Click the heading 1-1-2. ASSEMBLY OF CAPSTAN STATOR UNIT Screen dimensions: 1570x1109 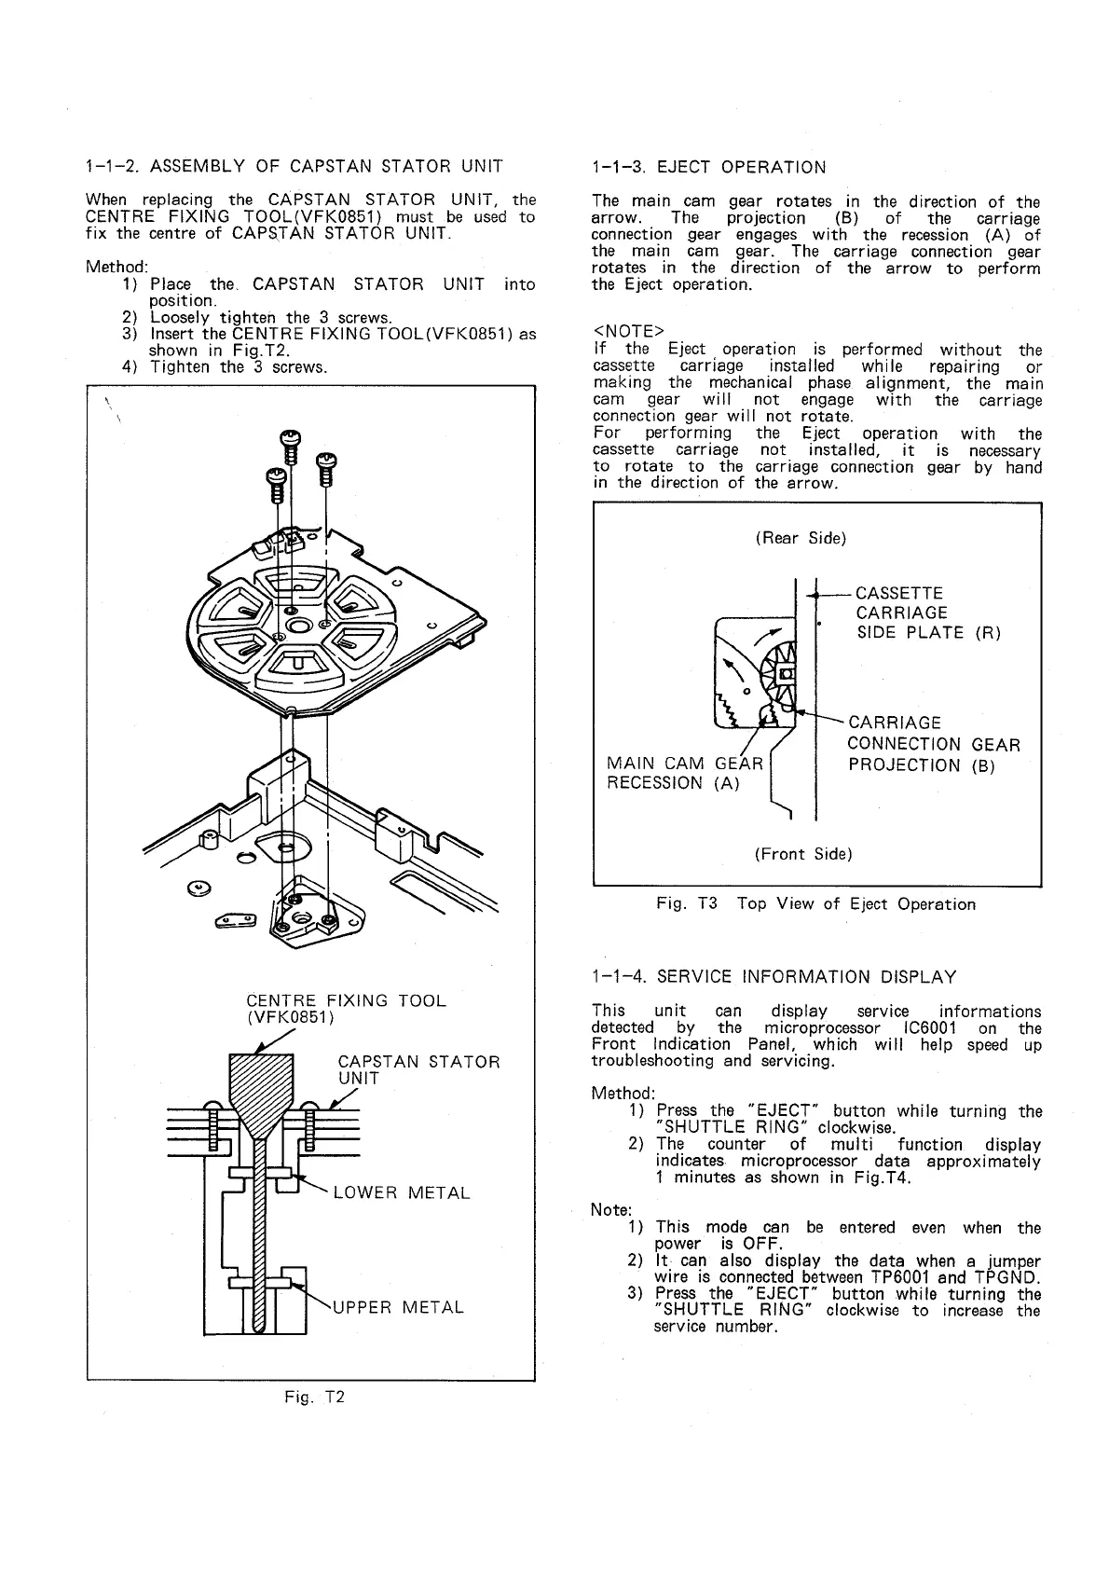[294, 168]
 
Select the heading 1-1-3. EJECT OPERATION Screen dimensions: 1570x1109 [709, 168]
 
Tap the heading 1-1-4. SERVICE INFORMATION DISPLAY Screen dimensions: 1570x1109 [774, 977]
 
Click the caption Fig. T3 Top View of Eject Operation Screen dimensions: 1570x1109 [815, 904]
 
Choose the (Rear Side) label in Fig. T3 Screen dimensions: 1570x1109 [801, 538]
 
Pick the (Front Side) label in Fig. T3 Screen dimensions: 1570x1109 [803, 853]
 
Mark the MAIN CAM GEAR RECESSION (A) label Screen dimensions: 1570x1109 [683, 774]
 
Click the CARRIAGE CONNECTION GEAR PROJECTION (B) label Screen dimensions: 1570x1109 [933, 744]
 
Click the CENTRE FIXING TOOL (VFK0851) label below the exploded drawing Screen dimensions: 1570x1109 [346, 1010]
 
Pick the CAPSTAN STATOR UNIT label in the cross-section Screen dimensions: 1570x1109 [418, 1069]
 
